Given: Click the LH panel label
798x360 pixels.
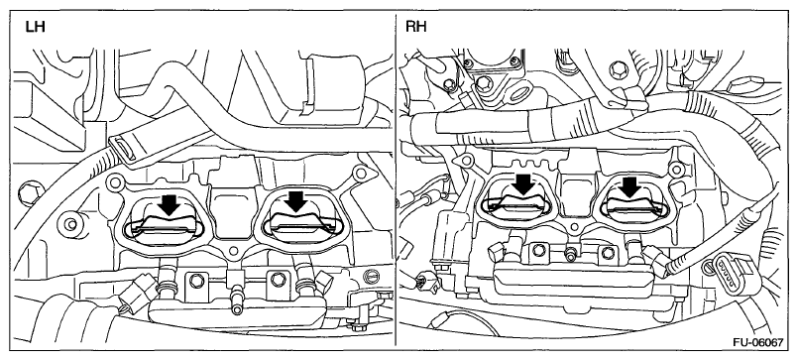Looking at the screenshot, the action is pyautogui.click(x=35, y=27).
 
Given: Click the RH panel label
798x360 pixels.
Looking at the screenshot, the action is pyautogui.click(x=416, y=27).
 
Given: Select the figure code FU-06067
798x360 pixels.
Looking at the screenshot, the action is pyautogui.click(x=757, y=342).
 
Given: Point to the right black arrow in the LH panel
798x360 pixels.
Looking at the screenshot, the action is pyautogui.click(x=296, y=200).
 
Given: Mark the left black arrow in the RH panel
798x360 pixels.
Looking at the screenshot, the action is pyautogui.click(x=523, y=184).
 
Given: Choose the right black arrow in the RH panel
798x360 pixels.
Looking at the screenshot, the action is pyautogui.click(x=631, y=186).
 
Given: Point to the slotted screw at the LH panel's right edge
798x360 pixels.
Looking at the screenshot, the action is pyautogui.click(x=371, y=275).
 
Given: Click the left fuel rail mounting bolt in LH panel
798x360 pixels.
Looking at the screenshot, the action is pyautogui.click(x=195, y=279).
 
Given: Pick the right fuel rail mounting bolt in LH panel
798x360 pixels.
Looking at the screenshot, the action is pyautogui.click(x=277, y=279).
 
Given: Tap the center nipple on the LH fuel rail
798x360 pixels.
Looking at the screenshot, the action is pyautogui.click(x=235, y=296).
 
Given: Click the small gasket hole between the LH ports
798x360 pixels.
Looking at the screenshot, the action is pyautogui.click(x=234, y=251).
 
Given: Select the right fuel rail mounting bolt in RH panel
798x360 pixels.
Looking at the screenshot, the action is pyautogui.click(x=606, y=252).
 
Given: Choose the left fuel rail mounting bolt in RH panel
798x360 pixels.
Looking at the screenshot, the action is pyautogui.click(x=537, y=249).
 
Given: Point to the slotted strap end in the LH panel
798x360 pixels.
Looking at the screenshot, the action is pyautogui.click(x=121, y=147).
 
